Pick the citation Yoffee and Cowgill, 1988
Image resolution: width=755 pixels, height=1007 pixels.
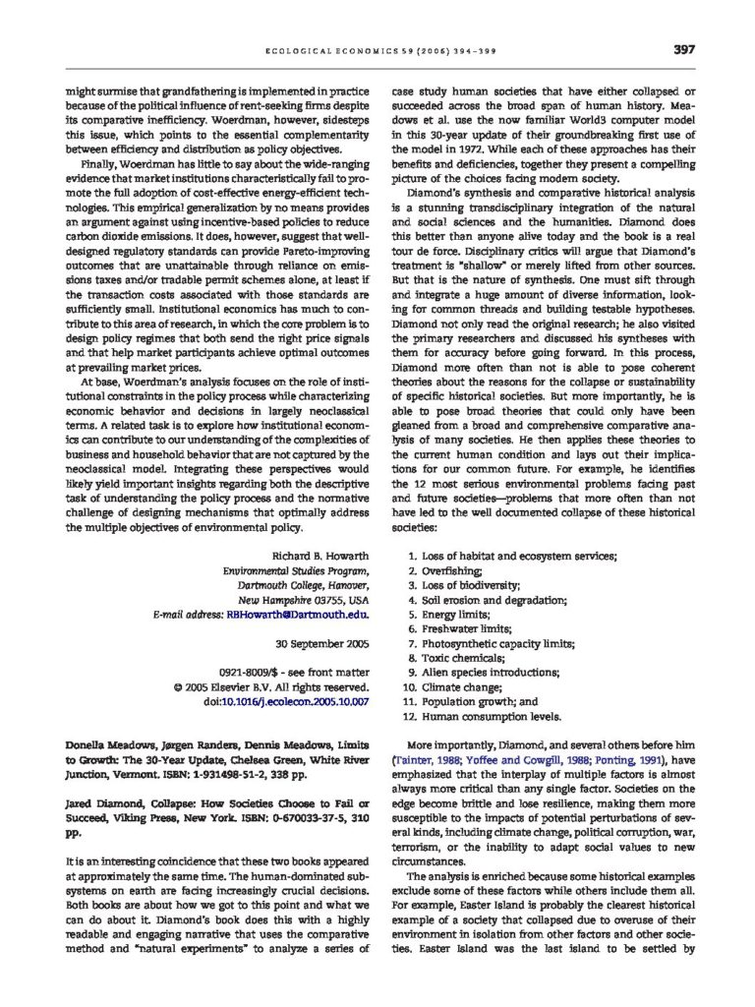pyautogui.click(x=522, y=760)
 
